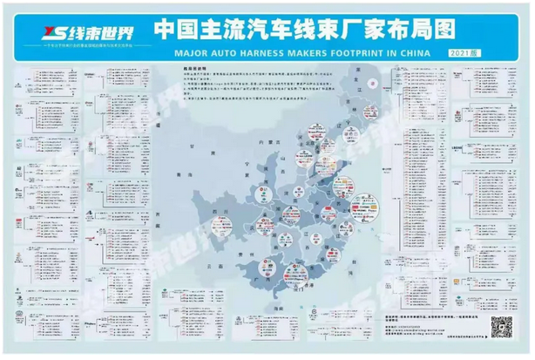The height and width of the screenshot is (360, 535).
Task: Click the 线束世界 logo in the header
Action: coord(74,34)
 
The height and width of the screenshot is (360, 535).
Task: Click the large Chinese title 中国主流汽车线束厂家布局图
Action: coord(304,29)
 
